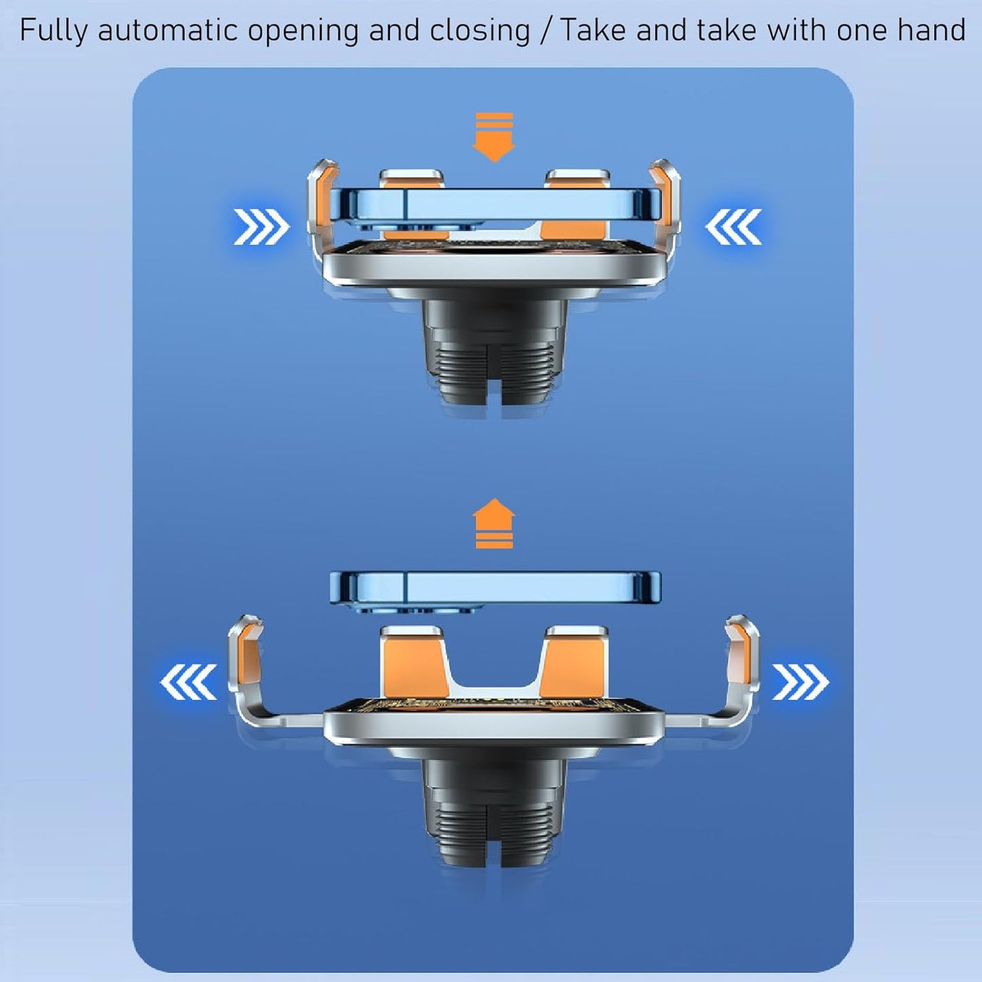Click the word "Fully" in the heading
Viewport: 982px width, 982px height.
pos(54,30)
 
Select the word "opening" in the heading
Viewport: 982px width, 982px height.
pos(303,31)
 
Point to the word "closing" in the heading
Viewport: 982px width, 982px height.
pos(480,31)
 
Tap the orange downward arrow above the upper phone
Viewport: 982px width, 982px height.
pos(493,137)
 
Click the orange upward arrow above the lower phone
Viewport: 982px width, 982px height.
pos(493,523)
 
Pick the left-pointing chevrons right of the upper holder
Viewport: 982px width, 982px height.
pos(733,226)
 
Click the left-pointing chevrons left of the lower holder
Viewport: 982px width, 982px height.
pos(188,682)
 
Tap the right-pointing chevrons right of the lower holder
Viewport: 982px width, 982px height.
pos(801,682)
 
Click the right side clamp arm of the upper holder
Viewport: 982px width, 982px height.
pos(667,214)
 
